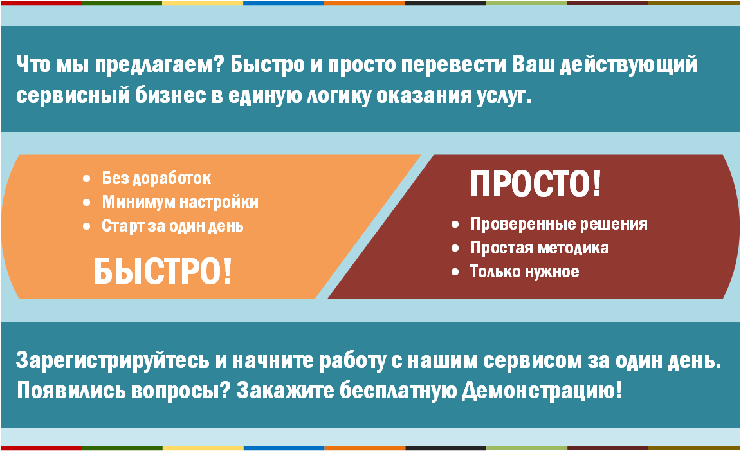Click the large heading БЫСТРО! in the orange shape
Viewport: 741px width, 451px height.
click(x=163, y=272)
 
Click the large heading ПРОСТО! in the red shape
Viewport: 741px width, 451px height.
click(x=536, y=184)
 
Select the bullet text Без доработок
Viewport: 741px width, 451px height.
click(x=156, y=178)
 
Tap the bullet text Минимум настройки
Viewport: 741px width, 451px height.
click(x=180, y=202)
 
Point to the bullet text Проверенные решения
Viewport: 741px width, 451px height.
click(x=559, y=224)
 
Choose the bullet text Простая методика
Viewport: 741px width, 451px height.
click(x=540, y=248)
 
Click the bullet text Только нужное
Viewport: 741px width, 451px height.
click(x=525, y=272)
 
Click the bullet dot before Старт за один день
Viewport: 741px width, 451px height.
click(x=86, y=226)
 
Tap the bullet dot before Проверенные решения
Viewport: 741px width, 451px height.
click(x=455, y=225)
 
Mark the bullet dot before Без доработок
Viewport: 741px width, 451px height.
click(x=86, y=179)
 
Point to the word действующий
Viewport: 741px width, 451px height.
click(x=628, y=65)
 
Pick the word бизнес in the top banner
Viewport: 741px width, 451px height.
click(x=170, y=95)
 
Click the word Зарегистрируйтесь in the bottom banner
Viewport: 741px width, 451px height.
click(x=113, y=361)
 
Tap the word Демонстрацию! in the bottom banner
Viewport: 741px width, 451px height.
click(x=542, y=391)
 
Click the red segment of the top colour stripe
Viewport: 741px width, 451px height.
click(x=41, y=3)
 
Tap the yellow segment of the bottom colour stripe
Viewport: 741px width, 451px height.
click(x=203, y=448)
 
